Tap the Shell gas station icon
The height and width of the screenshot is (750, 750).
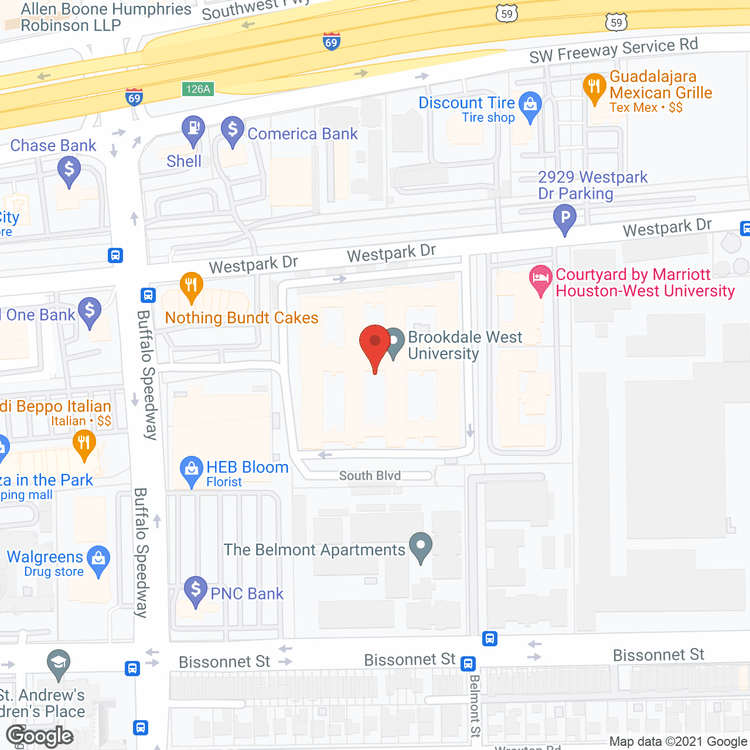point(193,130)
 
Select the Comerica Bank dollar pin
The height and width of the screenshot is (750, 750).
point(233,131)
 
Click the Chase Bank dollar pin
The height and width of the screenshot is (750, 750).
point(69,172)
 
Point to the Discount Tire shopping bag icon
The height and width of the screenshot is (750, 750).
point(530,107)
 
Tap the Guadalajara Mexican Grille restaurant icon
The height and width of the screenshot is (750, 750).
point(594,88)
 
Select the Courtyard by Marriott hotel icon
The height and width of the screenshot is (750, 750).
point(541,279)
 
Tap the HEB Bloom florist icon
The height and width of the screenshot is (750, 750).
point(191,471)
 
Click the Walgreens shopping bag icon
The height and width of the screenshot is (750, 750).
point(98,560)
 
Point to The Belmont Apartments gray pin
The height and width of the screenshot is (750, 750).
point(421,547)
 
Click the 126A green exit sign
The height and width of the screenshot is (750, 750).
point(198,89)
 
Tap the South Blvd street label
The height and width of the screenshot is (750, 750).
point(370,476)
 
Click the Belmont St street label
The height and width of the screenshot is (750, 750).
point(475,705)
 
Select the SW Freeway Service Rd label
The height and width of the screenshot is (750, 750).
point(613,50)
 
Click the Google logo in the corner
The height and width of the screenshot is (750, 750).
point(40,736)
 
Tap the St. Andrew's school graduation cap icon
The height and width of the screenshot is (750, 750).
point(58,664)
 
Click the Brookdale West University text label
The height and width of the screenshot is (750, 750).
point(465,345)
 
